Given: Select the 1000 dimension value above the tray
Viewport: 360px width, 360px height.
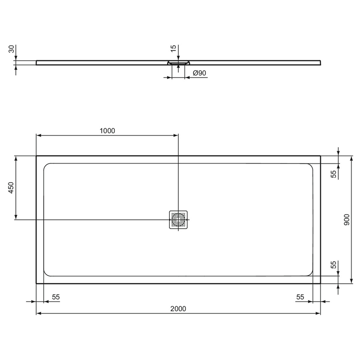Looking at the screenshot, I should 107,130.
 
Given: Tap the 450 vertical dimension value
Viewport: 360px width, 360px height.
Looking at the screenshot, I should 11,188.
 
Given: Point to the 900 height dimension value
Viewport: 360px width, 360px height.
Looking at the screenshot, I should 347,220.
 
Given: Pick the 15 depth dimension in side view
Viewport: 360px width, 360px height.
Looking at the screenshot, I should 173,48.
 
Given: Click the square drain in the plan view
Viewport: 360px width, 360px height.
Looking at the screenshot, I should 178,219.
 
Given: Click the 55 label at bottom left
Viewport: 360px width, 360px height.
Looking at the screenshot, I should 55,297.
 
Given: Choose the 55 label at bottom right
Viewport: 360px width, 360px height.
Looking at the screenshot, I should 300,297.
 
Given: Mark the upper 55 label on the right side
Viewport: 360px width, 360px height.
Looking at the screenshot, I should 334,173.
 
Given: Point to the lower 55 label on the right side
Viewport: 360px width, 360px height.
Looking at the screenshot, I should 334,265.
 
